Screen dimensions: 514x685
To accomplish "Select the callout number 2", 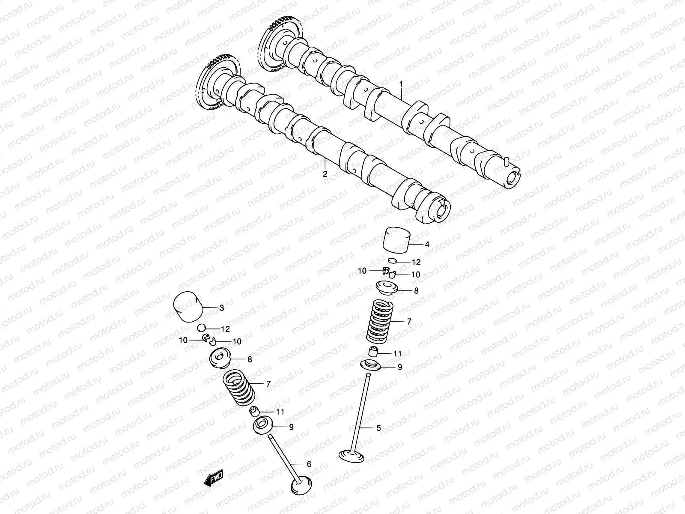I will click(325, 174).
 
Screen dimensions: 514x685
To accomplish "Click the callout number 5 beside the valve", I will click(378, 427).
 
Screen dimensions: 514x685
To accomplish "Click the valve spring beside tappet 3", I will click(240, 388).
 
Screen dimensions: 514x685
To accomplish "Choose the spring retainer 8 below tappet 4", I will click(387, 287).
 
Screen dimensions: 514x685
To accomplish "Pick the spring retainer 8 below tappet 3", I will click(220, 358).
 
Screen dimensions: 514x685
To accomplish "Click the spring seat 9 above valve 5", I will click(372, 365).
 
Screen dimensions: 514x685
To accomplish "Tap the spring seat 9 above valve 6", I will click(264, 426).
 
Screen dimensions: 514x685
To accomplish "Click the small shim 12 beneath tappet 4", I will click(393, 261).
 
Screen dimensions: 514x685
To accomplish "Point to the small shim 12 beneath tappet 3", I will click(202, 329).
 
